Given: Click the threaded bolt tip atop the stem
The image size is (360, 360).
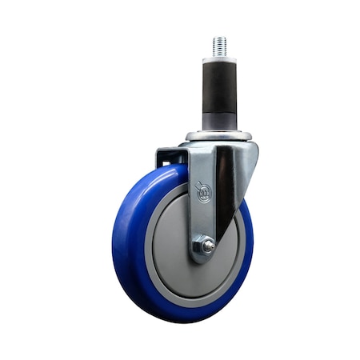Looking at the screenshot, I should click(219, 45).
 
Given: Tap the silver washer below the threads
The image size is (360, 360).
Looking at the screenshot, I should click(219, 60).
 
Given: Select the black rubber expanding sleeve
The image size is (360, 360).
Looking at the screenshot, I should click(219, 88).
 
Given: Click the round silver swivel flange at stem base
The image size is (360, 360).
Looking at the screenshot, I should click(218, 136).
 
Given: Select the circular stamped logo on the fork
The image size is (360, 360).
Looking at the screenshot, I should click(204, 194).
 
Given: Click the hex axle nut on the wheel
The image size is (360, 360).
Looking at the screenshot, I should click(205, 247).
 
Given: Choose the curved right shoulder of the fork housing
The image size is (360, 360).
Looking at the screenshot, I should click(248, 160).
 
